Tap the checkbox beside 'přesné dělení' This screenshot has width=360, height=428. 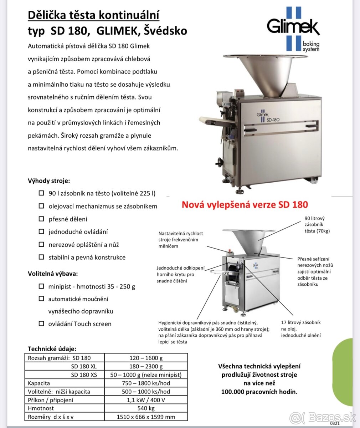point(41,219)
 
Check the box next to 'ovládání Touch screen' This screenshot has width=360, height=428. point(41,323)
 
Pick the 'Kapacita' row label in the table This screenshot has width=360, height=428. point(39,383)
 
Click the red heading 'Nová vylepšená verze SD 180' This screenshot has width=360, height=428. point(245,205)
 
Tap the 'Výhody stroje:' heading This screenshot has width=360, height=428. point(49,180)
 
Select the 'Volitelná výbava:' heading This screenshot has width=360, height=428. point(53,274)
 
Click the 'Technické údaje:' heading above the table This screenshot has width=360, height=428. point(52,349)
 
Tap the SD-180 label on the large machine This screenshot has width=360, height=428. point(273,120)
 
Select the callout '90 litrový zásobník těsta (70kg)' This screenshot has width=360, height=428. point(317,224)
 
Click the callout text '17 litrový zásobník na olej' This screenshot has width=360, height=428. point(301,325)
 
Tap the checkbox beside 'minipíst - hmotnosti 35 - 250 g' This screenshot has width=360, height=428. point(41,286)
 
